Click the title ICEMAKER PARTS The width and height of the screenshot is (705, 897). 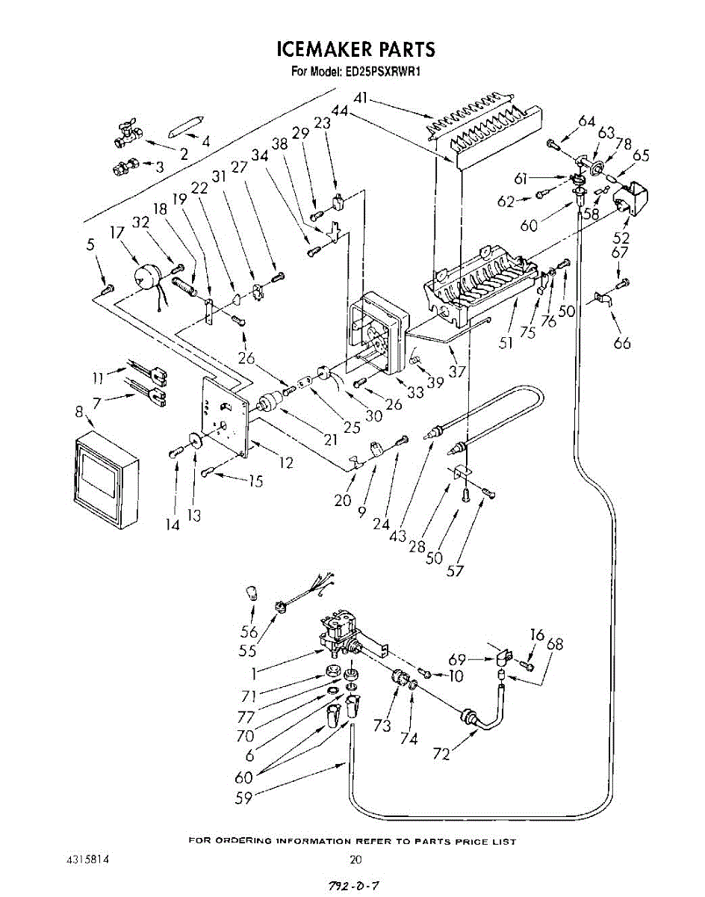(355, 50)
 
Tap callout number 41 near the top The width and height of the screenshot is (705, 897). (361, 99)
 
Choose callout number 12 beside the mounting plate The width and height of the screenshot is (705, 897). (285, 463)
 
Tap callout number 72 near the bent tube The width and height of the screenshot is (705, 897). (441, 753)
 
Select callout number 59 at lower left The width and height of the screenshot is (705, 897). (243, 798)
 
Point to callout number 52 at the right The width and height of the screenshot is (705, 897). (621, 239)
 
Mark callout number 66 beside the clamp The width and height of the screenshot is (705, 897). (621, 342)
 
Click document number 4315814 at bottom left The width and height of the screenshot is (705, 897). (88, 860)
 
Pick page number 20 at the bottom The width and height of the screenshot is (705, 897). (355, 860)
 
